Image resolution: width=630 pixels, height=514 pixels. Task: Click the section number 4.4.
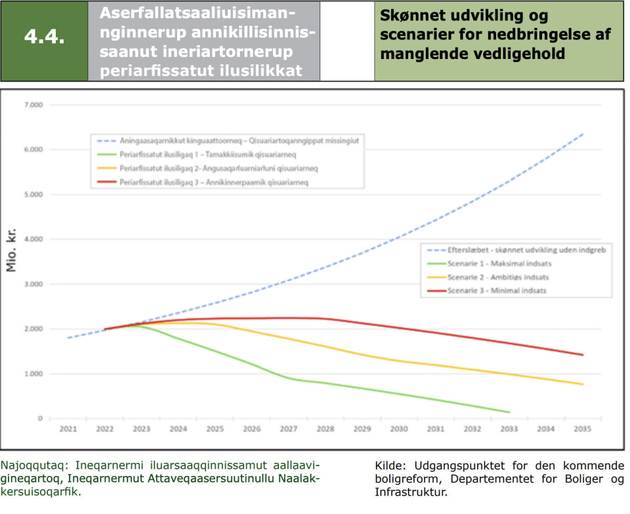coord(44,37)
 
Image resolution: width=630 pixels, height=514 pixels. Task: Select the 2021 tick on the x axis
coord(68,429)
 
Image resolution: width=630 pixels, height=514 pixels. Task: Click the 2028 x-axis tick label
coord(325,429)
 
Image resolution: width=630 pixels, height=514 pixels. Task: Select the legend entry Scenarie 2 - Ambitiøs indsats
coord(495,277)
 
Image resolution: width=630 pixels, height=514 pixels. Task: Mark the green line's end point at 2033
coord(509,412)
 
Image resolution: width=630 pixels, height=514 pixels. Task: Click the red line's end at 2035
coord(583,355)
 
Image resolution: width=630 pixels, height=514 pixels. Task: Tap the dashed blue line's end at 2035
coord(583,134)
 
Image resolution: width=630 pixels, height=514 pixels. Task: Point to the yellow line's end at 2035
coord(583,384)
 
